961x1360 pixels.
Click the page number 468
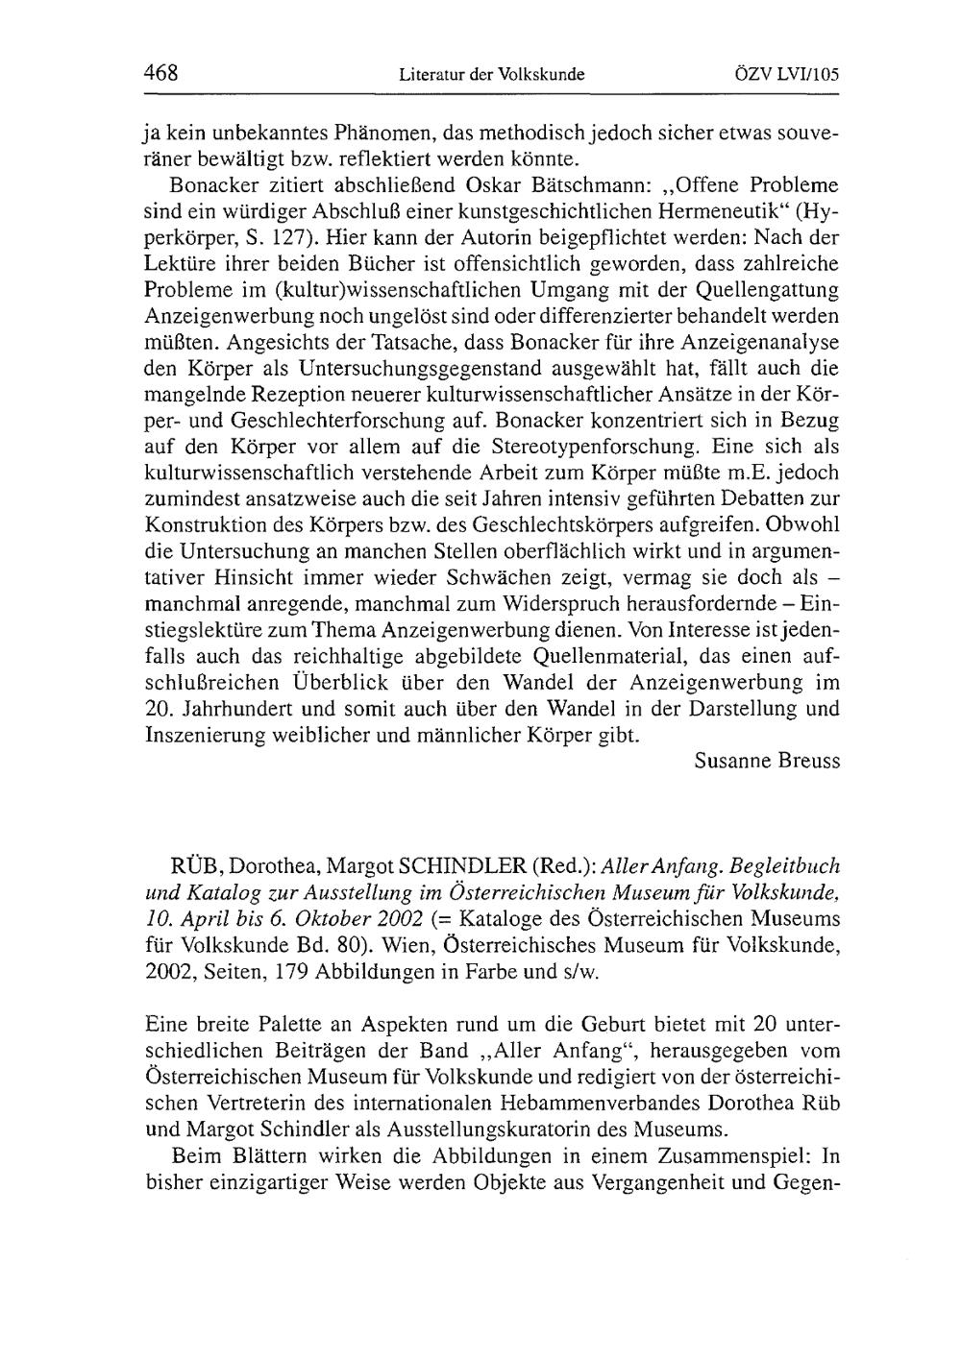coord(161,73)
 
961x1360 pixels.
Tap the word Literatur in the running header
coord(429,74)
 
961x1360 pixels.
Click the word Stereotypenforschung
coord(587,447)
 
